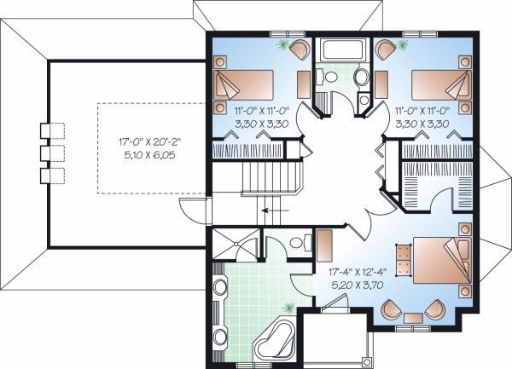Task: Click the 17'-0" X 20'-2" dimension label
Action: pos(139,142)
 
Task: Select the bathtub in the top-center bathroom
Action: pos(340,50)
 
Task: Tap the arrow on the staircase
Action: pos(274,208)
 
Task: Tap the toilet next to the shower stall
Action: pos(297,244)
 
